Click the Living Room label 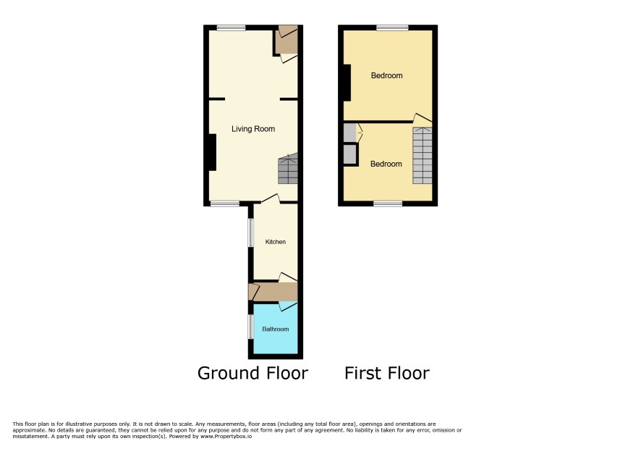[x=253, y=129]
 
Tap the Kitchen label [x=276, y=242]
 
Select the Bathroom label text [x=276, y=329]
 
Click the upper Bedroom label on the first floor [x=387, y=75]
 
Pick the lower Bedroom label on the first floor [x=386, y=164]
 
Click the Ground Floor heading [x=252, y=373]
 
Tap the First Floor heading [x=387, y=373]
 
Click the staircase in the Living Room [x=288, y=169]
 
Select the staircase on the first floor [x=423, y=156]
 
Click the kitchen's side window [x=251, y=233]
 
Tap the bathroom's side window [x=251, y=327]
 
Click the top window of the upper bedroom [x=392, y=28]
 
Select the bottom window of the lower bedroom [x=388, y=203]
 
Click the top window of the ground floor [x=232, y=28]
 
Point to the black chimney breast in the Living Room [x=212, y=152]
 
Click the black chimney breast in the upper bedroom [x=347, y=83]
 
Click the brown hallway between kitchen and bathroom [x=273, y=292]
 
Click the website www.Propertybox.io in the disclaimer [x=226, y=436]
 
